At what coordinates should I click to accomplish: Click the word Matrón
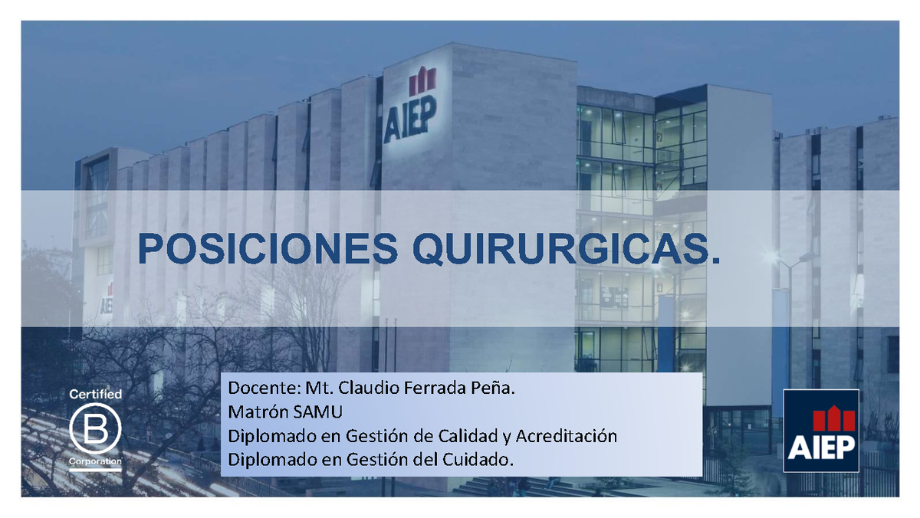(x=255, y=412)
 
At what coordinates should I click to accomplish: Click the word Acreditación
(x=566, y=436)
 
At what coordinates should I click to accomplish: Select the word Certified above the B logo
(x=96, y=394)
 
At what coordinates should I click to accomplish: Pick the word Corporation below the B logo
(x=96, y=462)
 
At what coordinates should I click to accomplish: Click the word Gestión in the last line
(x=375, y=460)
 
